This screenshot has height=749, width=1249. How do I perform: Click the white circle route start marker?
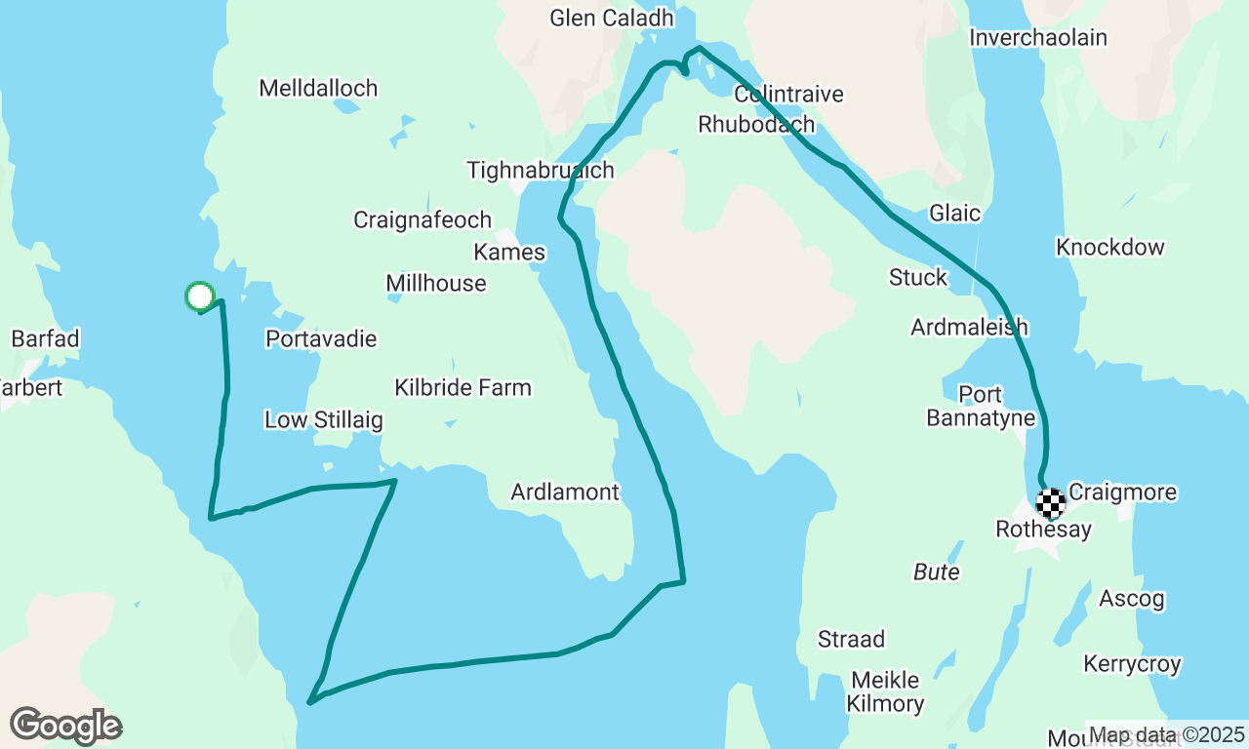coord(199,296)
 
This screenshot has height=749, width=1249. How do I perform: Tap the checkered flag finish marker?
coord(1051,503)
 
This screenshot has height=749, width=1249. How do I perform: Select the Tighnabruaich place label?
coord(541,171)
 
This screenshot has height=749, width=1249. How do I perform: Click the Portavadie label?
coord(321,339)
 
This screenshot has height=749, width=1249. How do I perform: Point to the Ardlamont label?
coord(565,493)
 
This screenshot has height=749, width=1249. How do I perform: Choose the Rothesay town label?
coord(1043,530)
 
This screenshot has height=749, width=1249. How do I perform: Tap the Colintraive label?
coord(788,95)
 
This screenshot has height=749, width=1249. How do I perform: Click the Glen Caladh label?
coord(612,19)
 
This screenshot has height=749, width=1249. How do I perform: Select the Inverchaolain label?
coord(1038,38)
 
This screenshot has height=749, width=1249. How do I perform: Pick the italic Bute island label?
coord(937,572)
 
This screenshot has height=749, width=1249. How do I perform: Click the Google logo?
coord(65,727)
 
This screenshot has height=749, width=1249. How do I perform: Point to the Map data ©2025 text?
coord(1167,734)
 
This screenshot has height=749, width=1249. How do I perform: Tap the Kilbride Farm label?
coord(463,388)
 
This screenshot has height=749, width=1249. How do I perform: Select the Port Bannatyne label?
coord(981,407)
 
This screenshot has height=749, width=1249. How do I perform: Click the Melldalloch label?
coord(318,89)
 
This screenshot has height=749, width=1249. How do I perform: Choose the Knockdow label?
coord(1110,248)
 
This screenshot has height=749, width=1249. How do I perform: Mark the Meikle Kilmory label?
coord(885,691)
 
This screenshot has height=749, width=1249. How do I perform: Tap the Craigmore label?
coord(1122,493)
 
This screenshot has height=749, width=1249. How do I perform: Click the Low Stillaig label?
coord(324,421)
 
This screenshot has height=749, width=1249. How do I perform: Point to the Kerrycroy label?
coord(1132,665)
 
